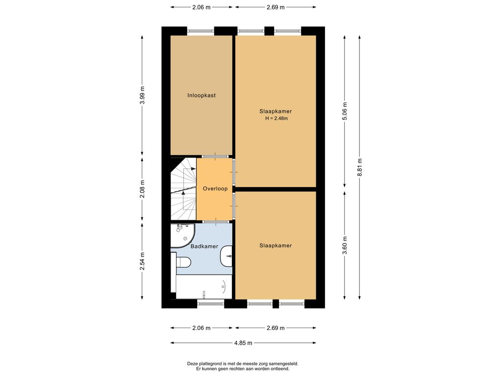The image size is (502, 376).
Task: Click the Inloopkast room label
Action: [201, 95]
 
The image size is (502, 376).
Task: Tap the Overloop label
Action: [215, 188]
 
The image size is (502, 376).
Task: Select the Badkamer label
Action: [204, 246]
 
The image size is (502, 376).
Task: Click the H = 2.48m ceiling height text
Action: [276, 118]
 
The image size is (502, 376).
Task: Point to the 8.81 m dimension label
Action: [360, 167]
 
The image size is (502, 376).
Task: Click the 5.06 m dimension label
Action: [345, 111]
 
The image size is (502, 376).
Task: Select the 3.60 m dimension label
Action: [345, 245]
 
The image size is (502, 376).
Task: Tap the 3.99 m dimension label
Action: [143, 95]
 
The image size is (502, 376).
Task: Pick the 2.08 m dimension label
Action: [143, 189]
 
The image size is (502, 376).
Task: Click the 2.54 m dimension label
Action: [143, 261]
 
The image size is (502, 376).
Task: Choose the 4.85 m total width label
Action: [243, 343]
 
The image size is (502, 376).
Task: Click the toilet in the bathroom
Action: [183, 263]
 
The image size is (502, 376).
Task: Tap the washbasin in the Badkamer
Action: [226, 256]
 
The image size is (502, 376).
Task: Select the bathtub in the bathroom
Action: [204, 287]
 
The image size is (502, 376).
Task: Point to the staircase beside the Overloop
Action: [183, 189]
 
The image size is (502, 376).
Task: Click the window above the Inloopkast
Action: [201, 31]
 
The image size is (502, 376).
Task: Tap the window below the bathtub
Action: [210, 304]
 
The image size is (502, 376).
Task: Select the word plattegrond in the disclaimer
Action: [210, 364]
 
